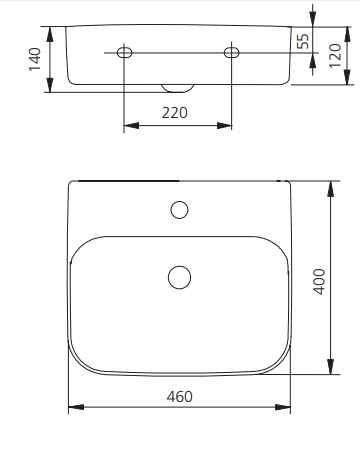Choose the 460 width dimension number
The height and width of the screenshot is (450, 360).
(x=179, y=397)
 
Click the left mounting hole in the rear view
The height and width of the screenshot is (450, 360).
(x=123, y=52)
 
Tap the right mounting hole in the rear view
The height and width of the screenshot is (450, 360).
(x=231, y=52)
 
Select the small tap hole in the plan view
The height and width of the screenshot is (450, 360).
(x=180, y=210)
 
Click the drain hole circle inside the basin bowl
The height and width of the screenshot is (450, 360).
(x=180, y=277)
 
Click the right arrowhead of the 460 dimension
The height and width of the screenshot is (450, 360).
(x=286, y=408)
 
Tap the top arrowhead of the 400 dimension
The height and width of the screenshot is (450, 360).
(x=330, y=186)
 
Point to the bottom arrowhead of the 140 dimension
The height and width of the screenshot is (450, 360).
(x=48, y=90)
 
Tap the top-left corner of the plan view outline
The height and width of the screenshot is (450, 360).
(x=71, y=183)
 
